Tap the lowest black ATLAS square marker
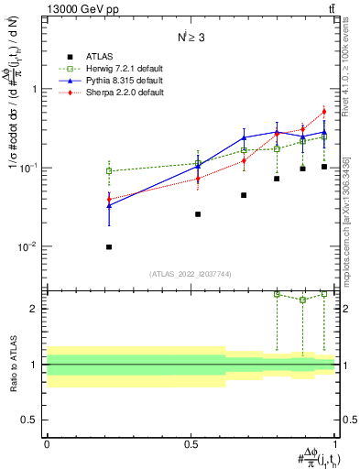(109, 246)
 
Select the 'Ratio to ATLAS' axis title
(12, 364)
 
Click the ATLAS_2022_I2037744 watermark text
(191, 274)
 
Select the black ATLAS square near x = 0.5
(198, 214)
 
